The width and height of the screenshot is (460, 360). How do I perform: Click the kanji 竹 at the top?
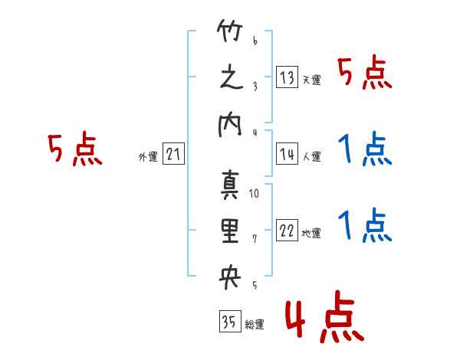click(230, 31)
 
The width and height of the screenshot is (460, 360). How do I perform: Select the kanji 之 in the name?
click(232, 77)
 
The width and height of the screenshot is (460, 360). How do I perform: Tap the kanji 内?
click(230, 125)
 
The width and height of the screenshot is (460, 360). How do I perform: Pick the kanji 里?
click(230, 231)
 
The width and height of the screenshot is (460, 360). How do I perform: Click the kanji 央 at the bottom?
click(230, 277)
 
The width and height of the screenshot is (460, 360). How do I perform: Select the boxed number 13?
click(287, 77)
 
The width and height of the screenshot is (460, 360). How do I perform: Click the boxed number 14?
click(287, 154)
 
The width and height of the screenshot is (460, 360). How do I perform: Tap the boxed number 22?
click(287, 230)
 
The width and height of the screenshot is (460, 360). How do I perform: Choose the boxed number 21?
click(173, 154)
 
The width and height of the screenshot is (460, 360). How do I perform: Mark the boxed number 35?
click(230, 321)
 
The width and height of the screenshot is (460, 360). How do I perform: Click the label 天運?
click(312, 80)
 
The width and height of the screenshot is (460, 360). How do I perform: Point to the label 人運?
click(312, 156)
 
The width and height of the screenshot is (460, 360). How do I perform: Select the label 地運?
click(311, 233)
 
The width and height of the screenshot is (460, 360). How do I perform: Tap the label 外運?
click(148, 157)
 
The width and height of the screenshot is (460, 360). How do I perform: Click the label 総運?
click(255, 325)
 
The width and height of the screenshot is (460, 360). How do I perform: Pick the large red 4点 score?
click(324, 316)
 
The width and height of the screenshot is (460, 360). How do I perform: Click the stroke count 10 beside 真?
click(254, 194)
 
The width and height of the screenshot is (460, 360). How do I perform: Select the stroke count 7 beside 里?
click(255, 239)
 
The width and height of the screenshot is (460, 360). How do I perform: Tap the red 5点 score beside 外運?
click(75, 149)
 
